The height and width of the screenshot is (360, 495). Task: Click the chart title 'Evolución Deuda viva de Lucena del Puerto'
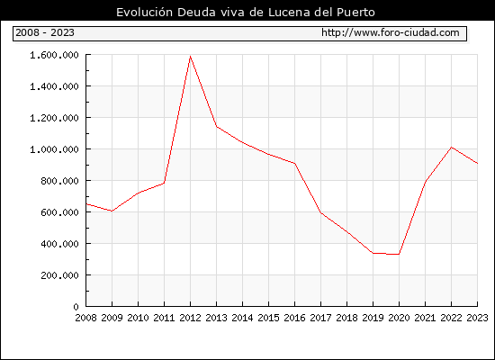(246, 13)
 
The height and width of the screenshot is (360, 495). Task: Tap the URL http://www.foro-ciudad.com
(391, 32)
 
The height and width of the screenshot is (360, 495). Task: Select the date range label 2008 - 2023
(45, 32)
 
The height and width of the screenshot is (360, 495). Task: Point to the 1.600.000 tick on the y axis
(54, 55)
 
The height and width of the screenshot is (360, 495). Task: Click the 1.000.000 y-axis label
(54, 149)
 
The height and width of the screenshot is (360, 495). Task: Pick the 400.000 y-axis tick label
(59, 244)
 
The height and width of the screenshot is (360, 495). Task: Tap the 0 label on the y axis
(76, 307)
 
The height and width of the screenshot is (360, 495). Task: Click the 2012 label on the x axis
(190, 318)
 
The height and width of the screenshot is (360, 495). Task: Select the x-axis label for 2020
(399, 318)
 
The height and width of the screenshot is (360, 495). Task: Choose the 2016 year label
(294, 318)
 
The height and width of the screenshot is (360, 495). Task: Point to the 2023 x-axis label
(477, 318)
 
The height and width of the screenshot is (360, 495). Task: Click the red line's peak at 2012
(190, 56)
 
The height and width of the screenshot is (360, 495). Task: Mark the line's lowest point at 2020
(399, 254)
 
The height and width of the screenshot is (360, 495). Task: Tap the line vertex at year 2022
(452, 148)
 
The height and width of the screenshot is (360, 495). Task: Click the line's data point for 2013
(216, 126)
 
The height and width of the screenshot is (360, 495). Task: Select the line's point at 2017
(320, 212)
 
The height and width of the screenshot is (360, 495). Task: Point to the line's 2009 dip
(112, 211)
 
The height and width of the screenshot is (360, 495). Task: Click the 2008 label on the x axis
(85, 318)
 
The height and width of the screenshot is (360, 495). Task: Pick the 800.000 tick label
(59, 181)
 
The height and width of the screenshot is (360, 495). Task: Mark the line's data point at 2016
(294, 163)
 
